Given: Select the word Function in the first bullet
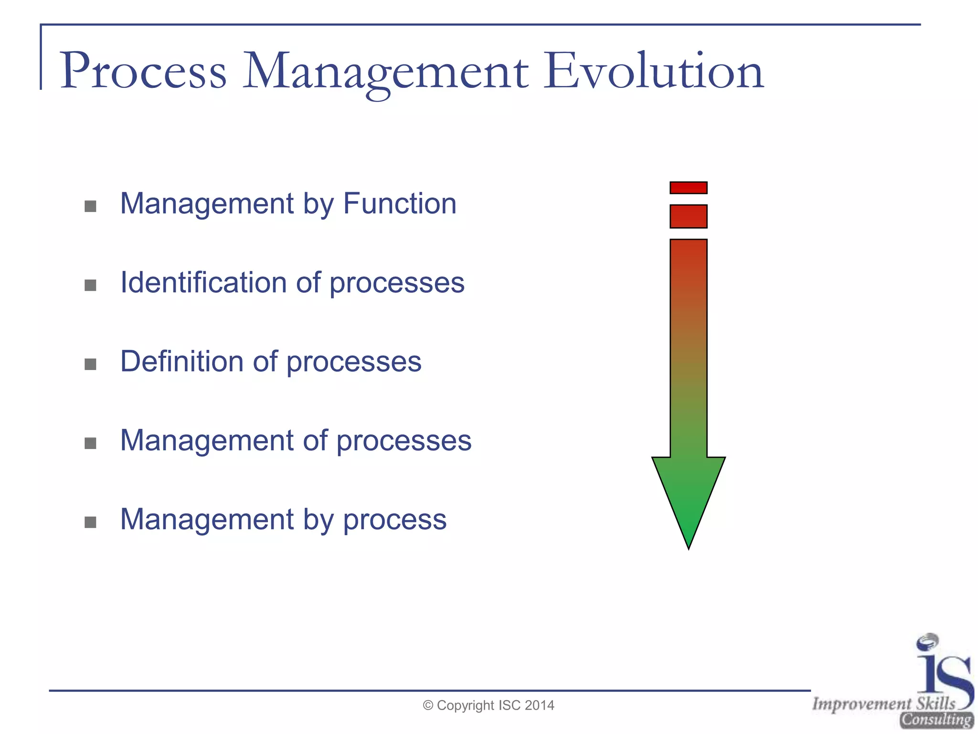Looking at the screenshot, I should coord(400,204).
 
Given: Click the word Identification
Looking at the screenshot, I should coord(203,282).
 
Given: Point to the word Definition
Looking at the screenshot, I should coord(181,361).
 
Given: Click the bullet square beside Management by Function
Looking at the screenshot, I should coord(90,206).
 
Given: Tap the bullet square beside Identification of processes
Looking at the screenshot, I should coord(90,285).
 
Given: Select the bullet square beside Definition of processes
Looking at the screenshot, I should coord(90,364).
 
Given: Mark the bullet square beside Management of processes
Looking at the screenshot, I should coord(90,443).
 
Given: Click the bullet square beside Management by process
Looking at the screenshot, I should coord(90,522).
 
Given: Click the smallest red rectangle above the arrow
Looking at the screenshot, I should coord(688,188).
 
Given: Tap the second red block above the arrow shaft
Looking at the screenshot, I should coord(688,216).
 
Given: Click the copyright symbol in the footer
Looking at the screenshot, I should coord(428,705).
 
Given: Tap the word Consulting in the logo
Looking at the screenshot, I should coord(936,720).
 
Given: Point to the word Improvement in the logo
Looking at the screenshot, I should coord(861,703).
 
